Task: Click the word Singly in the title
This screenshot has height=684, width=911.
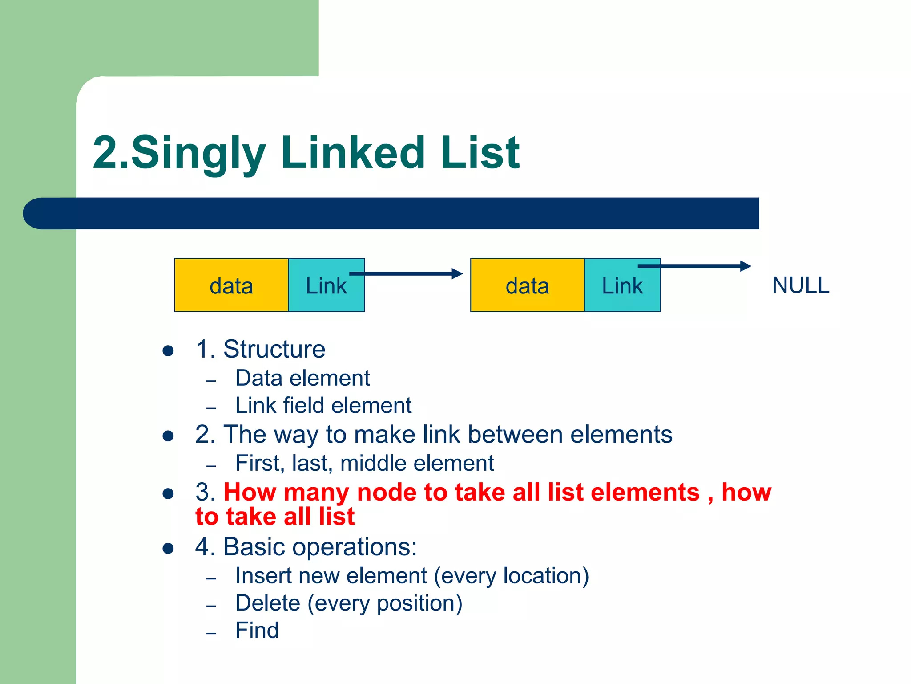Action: click(198, 154)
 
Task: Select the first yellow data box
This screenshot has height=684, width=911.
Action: click(231, 285)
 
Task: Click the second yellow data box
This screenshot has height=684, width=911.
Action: click(527, 285)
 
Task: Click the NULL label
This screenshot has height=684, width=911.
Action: click(801, 285)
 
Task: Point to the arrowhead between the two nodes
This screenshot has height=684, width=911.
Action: click(457, 273)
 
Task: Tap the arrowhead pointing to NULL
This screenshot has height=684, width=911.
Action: click(746, 266)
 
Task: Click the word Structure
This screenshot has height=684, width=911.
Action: click(274, 349)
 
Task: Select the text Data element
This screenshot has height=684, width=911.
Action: click(302, 378)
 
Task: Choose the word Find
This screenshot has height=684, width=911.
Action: click(257, 630)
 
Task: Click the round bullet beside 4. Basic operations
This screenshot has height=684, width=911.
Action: click(168, 548)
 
